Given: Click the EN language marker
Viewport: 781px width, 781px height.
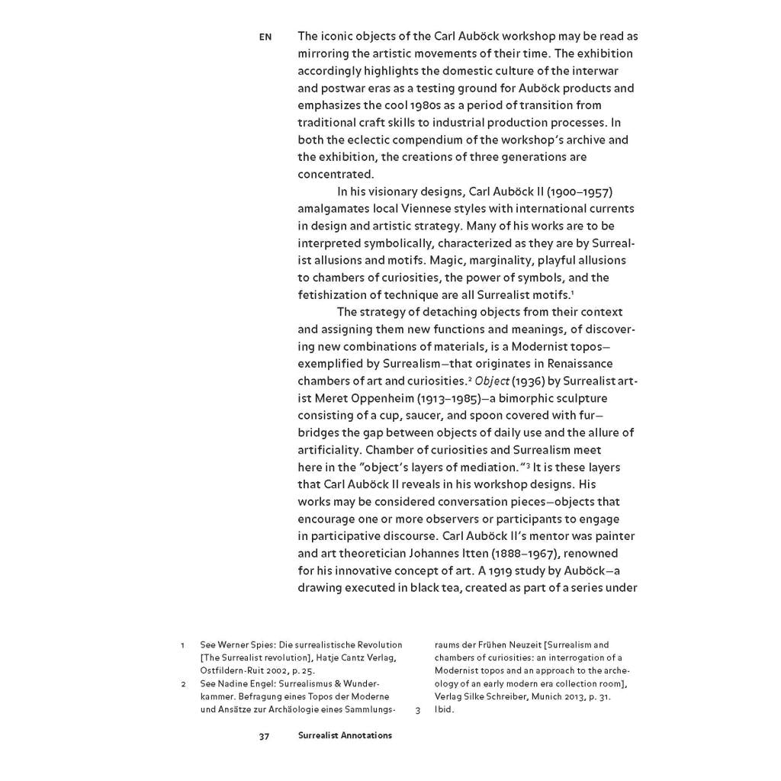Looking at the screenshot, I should click(x=265, y=37).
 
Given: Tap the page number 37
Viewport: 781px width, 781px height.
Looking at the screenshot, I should click(x=265, y=735).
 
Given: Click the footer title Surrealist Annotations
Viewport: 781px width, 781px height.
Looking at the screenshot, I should click(x=345, y=735).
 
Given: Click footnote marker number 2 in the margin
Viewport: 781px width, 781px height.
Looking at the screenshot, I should click(x=183, y=683).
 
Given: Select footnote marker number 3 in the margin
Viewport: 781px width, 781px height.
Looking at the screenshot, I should click(x=418, y=709).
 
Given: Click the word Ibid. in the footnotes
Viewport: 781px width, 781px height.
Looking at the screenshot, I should click(x=444, y=709).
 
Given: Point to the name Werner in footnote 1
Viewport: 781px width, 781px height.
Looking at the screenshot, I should click(x=236, y=645).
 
